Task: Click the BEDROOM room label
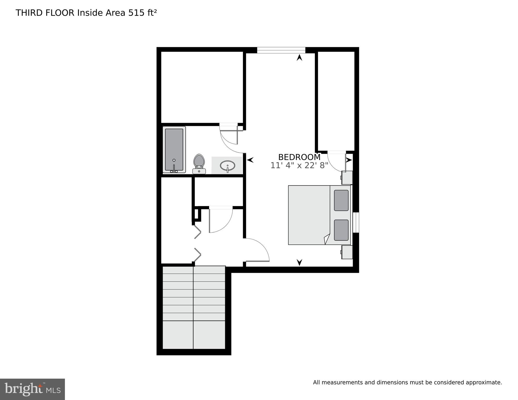299,157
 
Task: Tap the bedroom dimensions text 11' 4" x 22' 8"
299,165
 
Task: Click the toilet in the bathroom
199,163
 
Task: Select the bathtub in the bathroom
174,150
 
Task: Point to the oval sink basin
227,165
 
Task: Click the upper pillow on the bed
341,200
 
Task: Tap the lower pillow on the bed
341,230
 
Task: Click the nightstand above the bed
347,178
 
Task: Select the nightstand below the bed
347,252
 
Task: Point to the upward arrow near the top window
300,58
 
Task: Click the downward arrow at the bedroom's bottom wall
300,262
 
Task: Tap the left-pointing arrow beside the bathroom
250,160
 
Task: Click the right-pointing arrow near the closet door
349,160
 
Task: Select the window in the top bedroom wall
281,50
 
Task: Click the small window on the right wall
356,222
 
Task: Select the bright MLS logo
32,389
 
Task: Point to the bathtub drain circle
174,160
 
